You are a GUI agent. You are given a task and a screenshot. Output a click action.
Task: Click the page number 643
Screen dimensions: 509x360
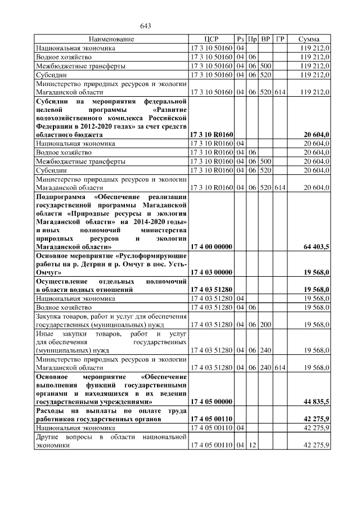146,26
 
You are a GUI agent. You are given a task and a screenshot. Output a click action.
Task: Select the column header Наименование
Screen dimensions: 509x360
111,39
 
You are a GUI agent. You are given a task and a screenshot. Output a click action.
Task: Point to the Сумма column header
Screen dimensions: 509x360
309,39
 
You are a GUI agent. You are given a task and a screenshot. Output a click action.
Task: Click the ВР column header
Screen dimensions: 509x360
266,39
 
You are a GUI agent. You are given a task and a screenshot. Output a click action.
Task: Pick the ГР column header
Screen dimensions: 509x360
280,39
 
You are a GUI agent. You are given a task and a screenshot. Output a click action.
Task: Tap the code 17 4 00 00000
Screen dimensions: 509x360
211,246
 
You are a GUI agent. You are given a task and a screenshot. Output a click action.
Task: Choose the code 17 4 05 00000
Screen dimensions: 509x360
211,402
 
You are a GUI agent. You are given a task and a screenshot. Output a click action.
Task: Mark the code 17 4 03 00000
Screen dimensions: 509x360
211,272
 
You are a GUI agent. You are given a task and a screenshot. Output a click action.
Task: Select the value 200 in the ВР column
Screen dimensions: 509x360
266,324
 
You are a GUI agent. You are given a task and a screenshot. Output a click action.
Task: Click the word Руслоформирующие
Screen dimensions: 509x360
155,255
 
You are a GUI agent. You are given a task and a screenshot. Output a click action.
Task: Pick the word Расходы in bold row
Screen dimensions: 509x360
53,411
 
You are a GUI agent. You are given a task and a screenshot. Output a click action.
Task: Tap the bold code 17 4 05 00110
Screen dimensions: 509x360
211,420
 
